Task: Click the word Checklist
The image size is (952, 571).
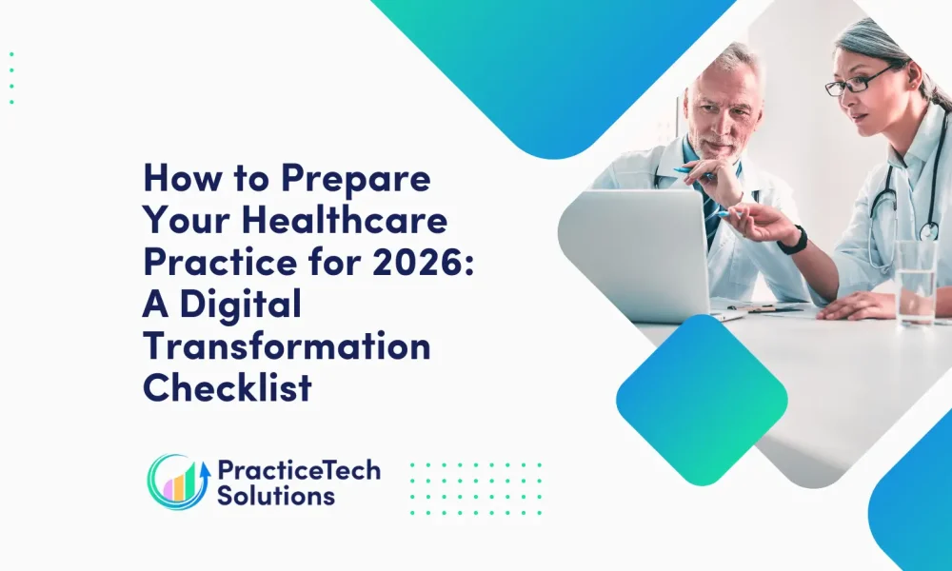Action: click(228, 387)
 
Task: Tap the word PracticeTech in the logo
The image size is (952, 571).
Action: click(299, 471)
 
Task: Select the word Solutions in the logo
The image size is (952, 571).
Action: click(276, 496)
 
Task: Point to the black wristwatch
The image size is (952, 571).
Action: click(794, 241)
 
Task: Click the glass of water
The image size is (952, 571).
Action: click(915, 283)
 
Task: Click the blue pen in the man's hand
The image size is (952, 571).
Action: click(692, 172)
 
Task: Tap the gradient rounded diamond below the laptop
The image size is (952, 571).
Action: click(702, 400)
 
